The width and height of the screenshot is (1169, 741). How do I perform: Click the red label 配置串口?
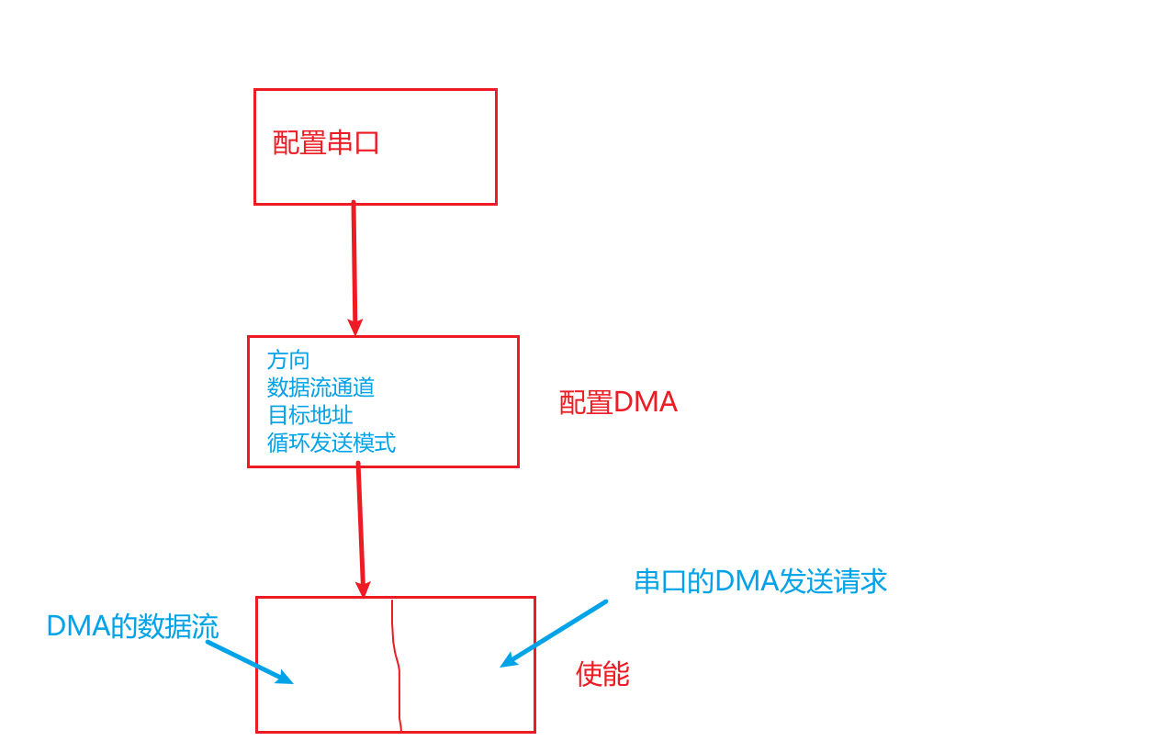click(326, 143)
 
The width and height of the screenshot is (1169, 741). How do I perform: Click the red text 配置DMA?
click(618, 403)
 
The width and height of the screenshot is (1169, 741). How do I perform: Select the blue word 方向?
click(288, 359)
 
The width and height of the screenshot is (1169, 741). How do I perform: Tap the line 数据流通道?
click(320, 387)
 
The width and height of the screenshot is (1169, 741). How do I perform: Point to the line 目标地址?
click(309, 415)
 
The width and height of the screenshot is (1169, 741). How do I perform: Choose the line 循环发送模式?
click(331, 443)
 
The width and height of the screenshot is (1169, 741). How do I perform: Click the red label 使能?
click(602, 675)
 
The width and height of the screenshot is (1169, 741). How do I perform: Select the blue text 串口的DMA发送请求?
click(760, 581)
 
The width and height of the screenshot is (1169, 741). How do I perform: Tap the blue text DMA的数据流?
click(132, 627)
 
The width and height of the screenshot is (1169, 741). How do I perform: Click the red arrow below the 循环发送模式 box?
click(360, 523)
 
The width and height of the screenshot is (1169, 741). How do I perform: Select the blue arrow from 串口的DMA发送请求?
click(556, 633)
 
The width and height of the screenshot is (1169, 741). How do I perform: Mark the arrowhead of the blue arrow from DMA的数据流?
click(286, 679)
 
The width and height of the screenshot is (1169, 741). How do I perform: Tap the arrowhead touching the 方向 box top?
click(355, 327)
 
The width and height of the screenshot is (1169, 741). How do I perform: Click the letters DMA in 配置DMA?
click(645, 403)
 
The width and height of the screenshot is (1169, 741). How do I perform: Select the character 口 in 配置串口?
click(367, 143)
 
